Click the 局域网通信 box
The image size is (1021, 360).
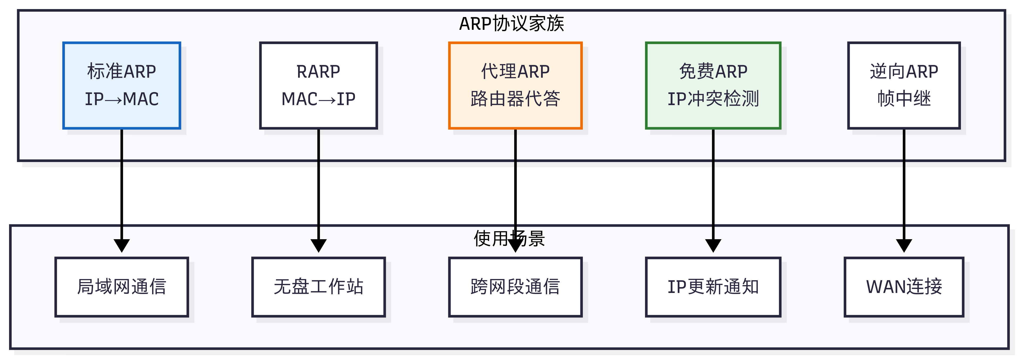tap(122, 287)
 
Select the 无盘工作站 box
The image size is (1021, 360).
tap(318, 287)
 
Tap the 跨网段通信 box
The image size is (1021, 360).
tap(515, 287)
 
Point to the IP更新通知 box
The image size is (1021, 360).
tap(713, 287)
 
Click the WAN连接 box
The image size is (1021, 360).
tap(904, 287)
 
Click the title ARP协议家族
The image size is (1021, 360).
tap(511, 24)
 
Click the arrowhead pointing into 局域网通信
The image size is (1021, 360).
tap(122, 245)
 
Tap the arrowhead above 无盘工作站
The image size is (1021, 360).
tap(318, 245)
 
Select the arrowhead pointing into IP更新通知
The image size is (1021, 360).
tap(713, 245)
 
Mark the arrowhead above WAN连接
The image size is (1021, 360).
tap(904, 245)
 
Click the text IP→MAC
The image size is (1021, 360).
tap(122, 99)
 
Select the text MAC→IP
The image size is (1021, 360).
tap(318, 99)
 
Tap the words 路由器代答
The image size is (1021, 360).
tap(515, 99)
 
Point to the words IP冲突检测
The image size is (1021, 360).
tap(713, 99)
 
